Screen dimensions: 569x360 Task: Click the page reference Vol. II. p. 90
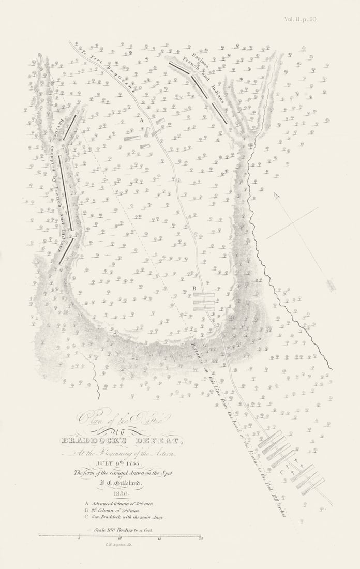coord(301,19)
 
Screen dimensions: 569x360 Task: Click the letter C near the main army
coord(282,472)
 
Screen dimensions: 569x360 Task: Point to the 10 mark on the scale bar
coord(119,538)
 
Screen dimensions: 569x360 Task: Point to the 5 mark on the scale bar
coord(79,538)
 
